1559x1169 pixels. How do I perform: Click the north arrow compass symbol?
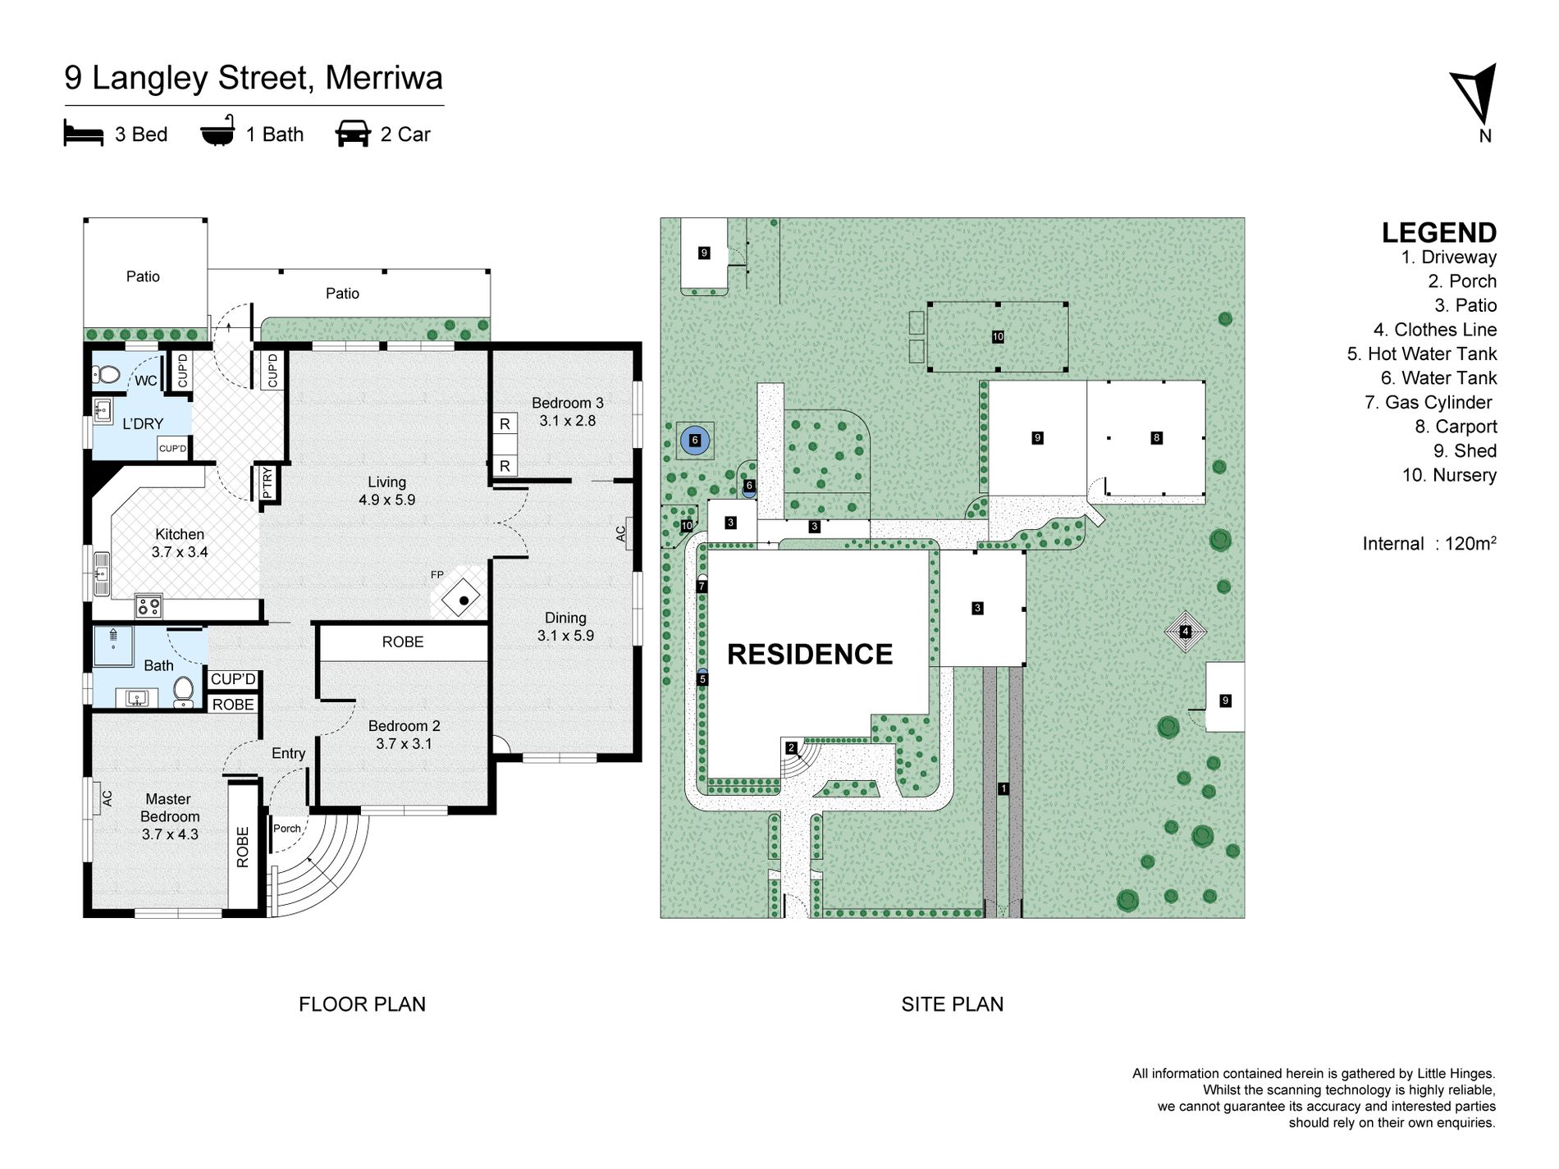coord(1475,96)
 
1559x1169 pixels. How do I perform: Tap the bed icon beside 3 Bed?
coord(84,134)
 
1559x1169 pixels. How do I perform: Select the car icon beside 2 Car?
coord(353,134)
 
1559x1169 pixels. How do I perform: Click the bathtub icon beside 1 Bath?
coord(217,132)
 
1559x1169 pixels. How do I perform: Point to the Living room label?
coord(386,491)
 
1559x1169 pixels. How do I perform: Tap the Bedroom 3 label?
coord(567,412)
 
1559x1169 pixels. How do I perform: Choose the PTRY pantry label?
coord(267,482)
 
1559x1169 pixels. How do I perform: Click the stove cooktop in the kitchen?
coord(149,607)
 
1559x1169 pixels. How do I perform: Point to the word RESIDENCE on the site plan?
coord(810,654)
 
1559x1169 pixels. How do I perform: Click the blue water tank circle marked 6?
coord(695,441)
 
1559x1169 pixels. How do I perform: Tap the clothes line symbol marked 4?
coord(1185,631)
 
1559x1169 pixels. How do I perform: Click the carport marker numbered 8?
coord(1156,437)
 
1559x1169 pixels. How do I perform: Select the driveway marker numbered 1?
coord(1003,788)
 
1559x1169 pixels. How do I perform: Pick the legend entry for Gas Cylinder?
coord(1429,402)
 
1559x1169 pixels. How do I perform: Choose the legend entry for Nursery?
coord(1449,475)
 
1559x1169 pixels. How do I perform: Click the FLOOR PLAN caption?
coord(362,1004)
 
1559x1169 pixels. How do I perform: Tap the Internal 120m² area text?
coord(1429,543)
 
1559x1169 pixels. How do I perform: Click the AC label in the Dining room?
coord(621,533)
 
